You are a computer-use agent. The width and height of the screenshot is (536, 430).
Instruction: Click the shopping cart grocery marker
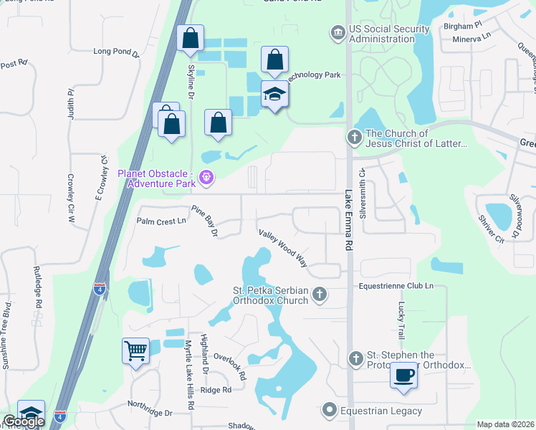tap(135, 351)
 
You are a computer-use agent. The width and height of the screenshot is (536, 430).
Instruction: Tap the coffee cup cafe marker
tap(404, 375)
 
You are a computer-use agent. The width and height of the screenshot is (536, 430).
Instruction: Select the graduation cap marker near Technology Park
tap(274, 95)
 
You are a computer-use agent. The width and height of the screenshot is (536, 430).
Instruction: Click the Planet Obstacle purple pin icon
tap(206, 175)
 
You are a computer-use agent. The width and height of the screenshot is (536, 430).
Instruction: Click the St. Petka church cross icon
tap(320, 294)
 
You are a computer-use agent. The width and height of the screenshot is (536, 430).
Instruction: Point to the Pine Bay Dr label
tap(204, 221)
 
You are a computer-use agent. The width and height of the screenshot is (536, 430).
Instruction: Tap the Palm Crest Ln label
tap(161, 221)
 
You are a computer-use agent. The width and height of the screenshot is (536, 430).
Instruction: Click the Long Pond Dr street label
tap(115, 52)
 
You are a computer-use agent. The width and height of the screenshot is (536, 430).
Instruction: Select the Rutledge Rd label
tap(38, 287)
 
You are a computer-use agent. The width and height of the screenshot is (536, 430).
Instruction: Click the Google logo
tap(24, 421)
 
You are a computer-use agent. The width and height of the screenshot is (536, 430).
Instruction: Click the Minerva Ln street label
tap(476, 35)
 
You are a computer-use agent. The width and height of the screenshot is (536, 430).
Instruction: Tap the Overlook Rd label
tap(230, 365)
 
